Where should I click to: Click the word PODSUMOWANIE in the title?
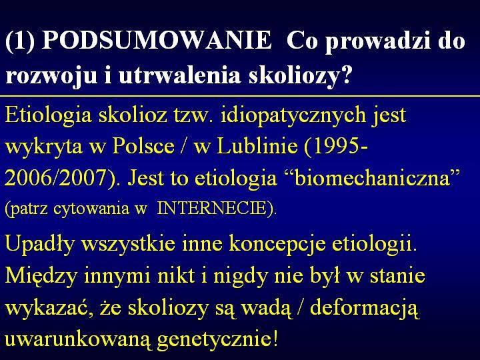[x=157, y=40]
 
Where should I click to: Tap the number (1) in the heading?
[x=20, y=41]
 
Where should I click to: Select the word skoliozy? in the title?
[x=299, y=75]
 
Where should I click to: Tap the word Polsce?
[x=143, y=146]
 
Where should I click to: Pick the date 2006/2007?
[x=55, y=177]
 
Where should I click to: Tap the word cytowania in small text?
[x=91, y=209]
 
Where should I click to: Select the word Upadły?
[x=40, y=244]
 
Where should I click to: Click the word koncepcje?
[x=277, y=244]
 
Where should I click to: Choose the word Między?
[x=41, y=275]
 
